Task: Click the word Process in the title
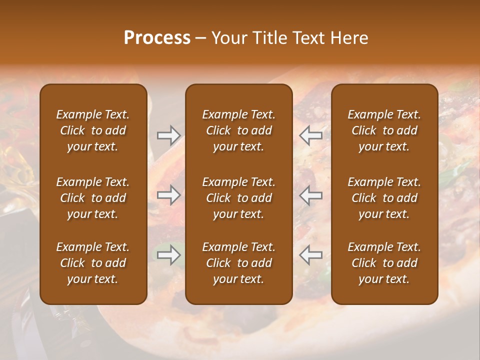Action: [x=157, y=38]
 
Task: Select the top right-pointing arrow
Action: [x=168, y=135]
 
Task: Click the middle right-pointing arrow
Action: [x=168, y=195]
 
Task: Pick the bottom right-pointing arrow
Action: [x=168, y=255]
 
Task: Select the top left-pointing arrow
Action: [x=311, y=135]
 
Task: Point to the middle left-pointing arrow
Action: [x=311, y=195]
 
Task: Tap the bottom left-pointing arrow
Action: [x=311, y=255]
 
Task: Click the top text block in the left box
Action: [x=93, y=130]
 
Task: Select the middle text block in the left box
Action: [x=93, y=198]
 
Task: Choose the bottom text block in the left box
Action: [x=93, y=263]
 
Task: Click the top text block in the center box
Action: [x=239, y=130]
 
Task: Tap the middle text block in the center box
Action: [x=239, y=198]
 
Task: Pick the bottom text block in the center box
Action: [x=239, y=263]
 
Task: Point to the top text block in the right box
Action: [x=384, y=130]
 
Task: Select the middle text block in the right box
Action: [x=384, y=198]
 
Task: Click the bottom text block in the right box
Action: [x=384, y=263]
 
